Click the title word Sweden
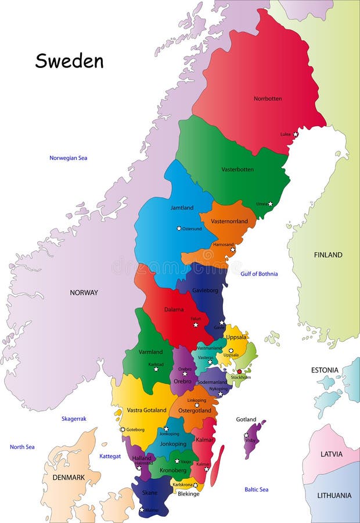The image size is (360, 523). pyautogui.click(x=69, y=61)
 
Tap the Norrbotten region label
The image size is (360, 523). pyautogui.click(x=268, y=99)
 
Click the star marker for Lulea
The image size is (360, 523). pyautogui.click(x=295, y=134)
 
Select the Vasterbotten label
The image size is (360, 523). pyautogui.click(x=237, y=170)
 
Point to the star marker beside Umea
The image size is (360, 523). pyautogui.click(x=270, y=204)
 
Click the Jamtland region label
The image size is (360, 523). pyautogui.click(x=182, y=207)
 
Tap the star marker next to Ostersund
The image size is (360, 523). pyautogui.click(x=179, y=228)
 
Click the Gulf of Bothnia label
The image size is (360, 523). pyautogui.click(x=259, y=274)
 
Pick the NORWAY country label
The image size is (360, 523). pyautogui.click(x=84, y=293)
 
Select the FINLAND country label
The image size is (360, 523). pyautogui.click(x=328, y=255)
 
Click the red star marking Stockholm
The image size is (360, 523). pyautogui.click(x=239, y=371)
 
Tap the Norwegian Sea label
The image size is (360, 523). pyautogui.click(x=68, y=158)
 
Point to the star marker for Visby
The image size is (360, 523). pyautogui.click(x=246, y=435)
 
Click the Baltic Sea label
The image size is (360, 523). pyautogui.click(x=256, y=490)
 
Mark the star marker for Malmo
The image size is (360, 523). pyautogui.click(x=142, y=510)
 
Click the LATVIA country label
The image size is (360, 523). pyautogui.click(x=332, y=454)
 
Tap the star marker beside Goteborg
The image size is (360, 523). pyautogui.click(x=123, y=429)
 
